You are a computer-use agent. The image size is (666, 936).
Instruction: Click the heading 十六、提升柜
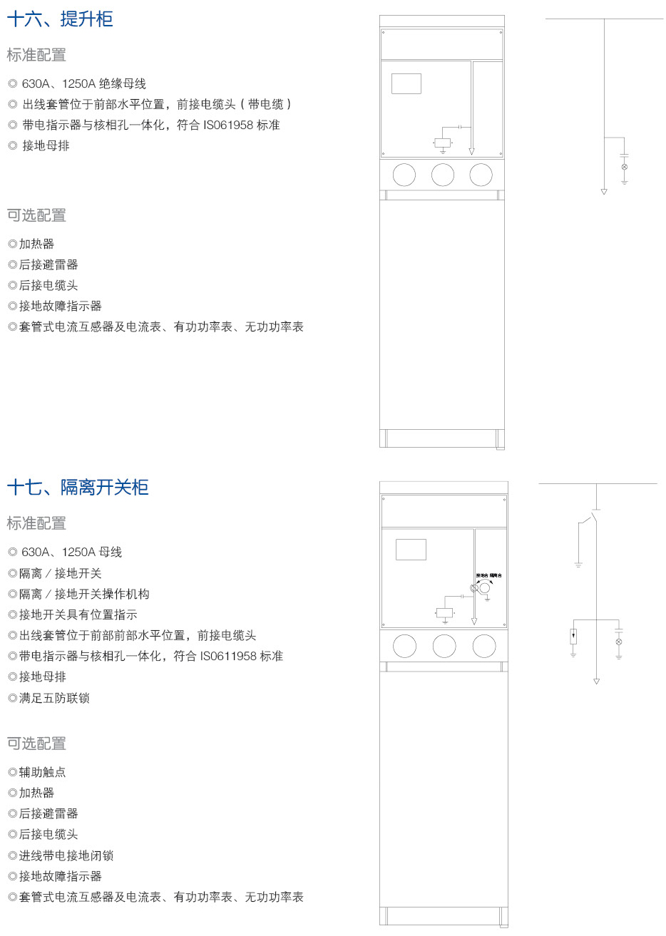click(x=60, y=19)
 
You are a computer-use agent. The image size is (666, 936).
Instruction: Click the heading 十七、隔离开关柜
click(x=78, y=488)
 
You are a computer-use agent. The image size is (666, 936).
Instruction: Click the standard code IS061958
click(x=228, y=125)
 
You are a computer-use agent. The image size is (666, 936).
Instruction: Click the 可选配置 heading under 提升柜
click(x=36, y=215)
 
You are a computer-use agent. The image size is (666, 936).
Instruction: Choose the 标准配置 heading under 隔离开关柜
click(x=36, y=523)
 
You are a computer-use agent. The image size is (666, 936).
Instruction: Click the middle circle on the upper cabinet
click(x=443, y=175)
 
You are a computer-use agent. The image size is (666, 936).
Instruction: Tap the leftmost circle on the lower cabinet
click(x=404, y=646)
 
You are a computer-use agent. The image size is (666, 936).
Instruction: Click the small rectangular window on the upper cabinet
click(x=406, y=83)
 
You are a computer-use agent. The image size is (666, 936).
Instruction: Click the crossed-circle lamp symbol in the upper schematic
click(x=625, y=167)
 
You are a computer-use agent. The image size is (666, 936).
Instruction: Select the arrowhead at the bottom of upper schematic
click(x=604, y=191)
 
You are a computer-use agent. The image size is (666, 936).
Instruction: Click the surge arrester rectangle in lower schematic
click(x=573, y=636)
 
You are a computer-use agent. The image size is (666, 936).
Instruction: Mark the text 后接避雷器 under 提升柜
click(x=48, y=264)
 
